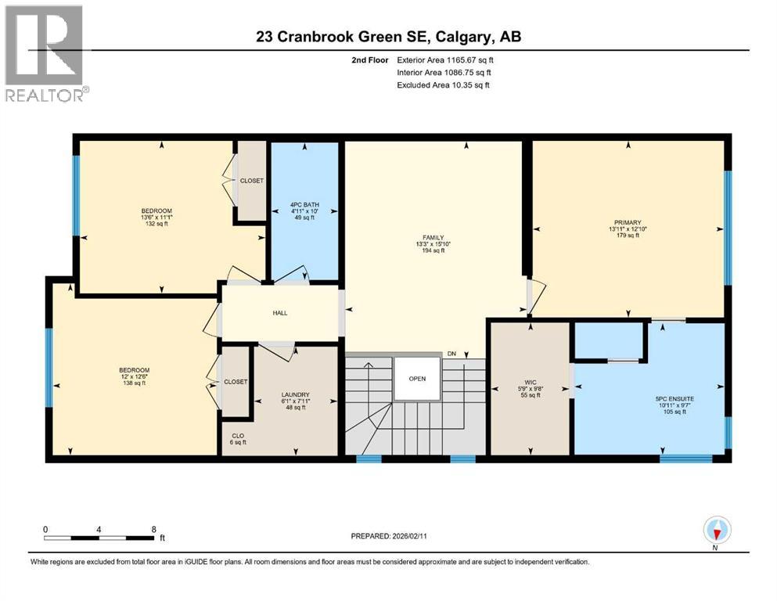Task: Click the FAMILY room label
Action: click(x=433, y=237)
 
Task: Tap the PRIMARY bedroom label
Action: click(x=628, y=222)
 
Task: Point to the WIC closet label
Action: click(x=530, y=383)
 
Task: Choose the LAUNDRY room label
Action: click(x=296, y=394)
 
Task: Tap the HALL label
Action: click(x=280, y=313)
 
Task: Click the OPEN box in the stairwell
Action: click(x=417, y=379)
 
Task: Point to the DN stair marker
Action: click(x=451, y=354)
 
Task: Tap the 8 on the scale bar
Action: click(x=153, y=529)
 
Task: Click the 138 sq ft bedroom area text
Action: click(x=134, y=383)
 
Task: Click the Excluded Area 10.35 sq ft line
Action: click(x=443, y=85)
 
